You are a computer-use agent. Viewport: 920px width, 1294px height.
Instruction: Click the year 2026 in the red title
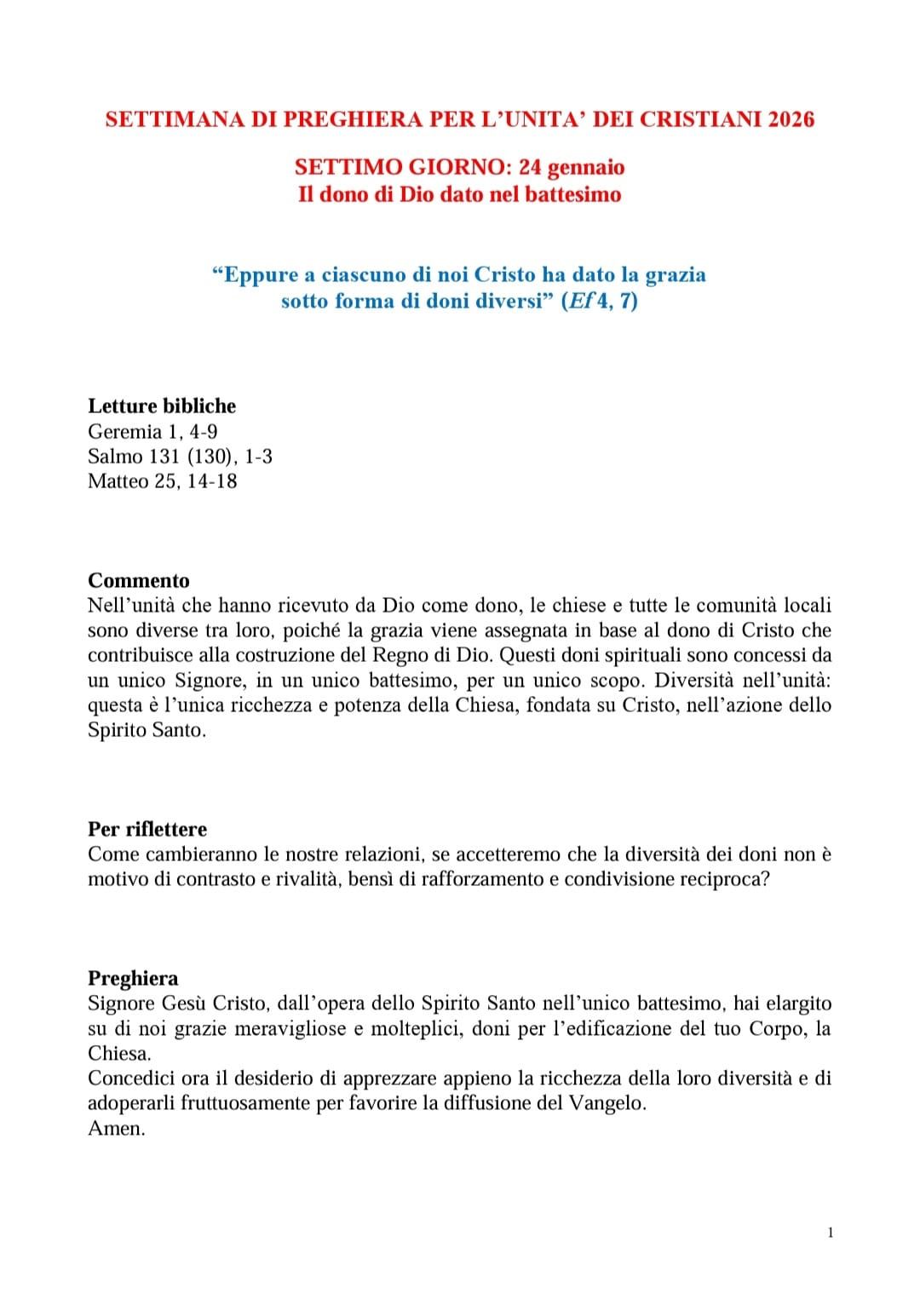point(791,119)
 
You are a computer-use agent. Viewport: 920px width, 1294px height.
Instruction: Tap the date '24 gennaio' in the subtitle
point(578,167)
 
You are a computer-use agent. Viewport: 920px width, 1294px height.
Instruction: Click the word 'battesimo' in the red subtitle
point(572,194)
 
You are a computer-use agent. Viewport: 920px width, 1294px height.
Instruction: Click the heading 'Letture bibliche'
point(162,405)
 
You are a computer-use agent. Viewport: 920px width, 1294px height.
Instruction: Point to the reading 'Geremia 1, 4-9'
point(152,431)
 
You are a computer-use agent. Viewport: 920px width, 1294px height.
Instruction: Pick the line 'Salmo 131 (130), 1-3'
point(180,456)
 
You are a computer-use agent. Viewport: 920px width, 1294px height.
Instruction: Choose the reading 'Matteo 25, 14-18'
point(162,480)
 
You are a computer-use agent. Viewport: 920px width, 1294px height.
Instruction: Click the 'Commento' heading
point(139,580)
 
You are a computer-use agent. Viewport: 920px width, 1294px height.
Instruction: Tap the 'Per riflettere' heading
point(147,829)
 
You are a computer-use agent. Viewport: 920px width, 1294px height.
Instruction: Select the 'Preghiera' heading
point(133,978)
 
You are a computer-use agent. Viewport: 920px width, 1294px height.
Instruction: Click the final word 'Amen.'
point(117,1128)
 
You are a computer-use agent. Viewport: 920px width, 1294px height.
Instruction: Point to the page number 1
point(831,1232)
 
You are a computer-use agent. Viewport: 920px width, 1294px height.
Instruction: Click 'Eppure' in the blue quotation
point(255,274)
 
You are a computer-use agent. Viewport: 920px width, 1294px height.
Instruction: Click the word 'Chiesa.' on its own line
point(119,1053)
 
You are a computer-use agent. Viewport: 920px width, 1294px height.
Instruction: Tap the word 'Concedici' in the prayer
point(131,1078)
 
